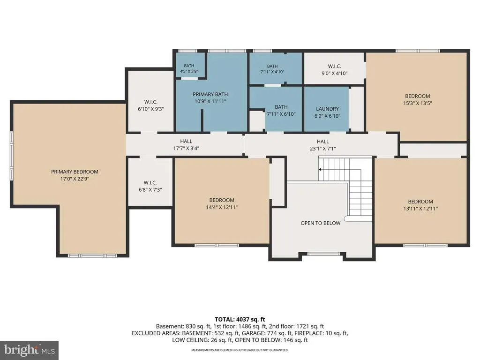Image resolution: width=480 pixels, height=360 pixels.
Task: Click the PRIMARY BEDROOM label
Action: (x=75, y=172)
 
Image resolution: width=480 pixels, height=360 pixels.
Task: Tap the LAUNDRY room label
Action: (x=327, y=109)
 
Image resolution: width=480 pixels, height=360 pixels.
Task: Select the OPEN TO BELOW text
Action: (x=321, y=223)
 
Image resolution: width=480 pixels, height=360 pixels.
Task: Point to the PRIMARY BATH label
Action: (x=210, y=94)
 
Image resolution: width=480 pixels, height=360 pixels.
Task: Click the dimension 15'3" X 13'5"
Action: (x=418, y=103)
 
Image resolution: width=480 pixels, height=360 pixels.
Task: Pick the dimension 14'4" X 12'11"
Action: (x=222, y=207)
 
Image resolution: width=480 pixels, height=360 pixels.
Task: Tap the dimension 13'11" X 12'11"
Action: (x=420, y=209)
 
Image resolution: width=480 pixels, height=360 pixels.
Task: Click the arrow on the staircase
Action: (x=320, y=169)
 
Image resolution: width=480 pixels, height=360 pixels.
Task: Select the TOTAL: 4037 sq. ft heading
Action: (x=240, y=320)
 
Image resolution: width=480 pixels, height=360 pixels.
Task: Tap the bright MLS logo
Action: (x=30, y=350)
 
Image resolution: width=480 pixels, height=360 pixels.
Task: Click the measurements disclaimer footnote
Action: (x=240, y=350)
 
